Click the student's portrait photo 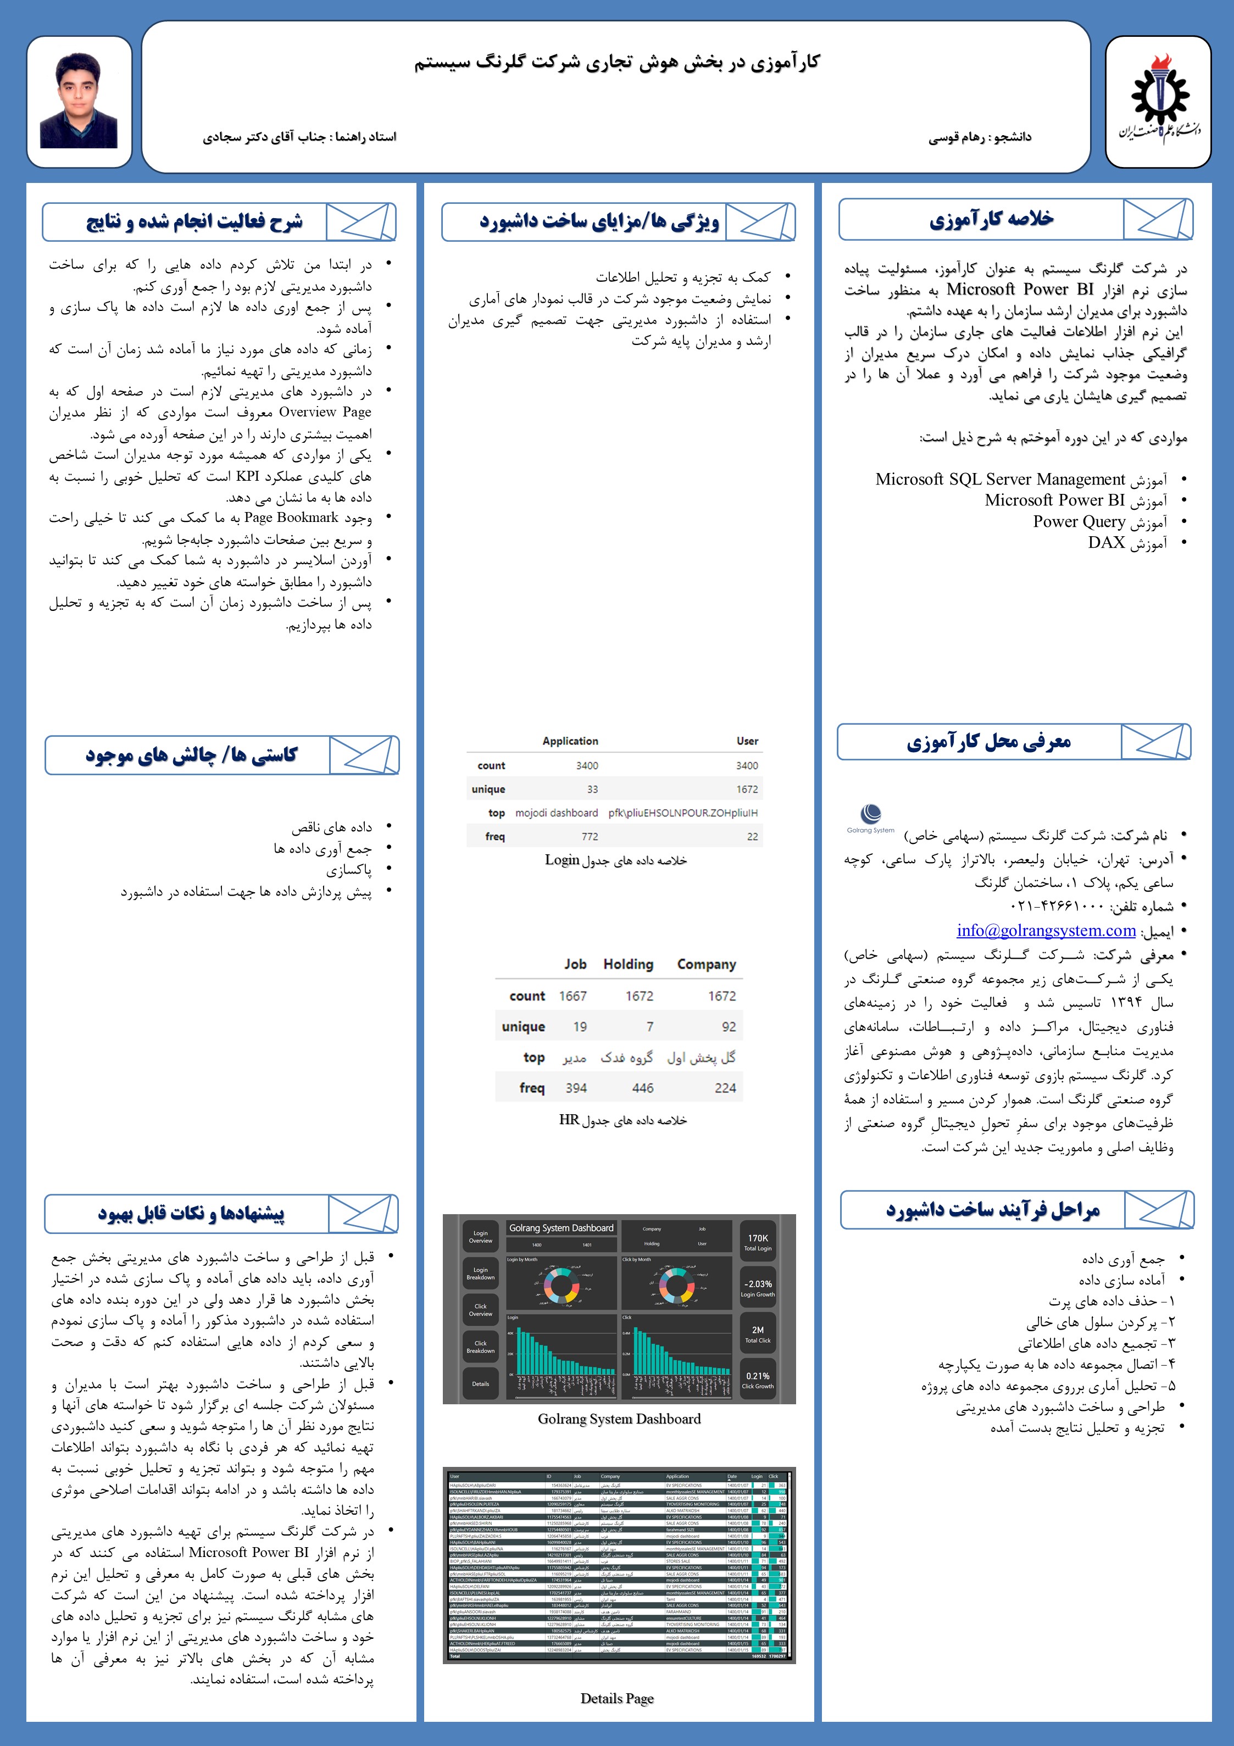pos(79,101)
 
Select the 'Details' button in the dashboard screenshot pos(481,1383)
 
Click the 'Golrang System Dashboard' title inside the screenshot pos(561,1228)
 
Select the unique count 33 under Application pos(592,789)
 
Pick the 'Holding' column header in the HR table pos(628,964)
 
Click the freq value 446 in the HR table pos(642,1088)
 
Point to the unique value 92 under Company pos(729,1027)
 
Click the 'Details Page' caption pos(616,1698)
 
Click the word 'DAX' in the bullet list pos(1107,542)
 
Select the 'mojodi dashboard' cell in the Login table pos(557,813)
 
